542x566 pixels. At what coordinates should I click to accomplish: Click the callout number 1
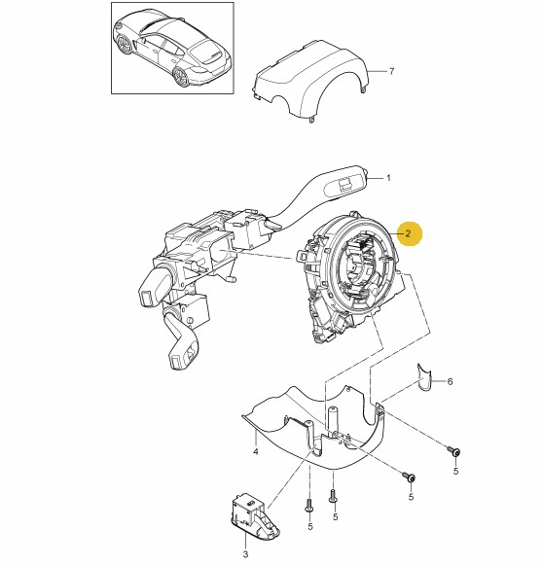click(x=388, y=178)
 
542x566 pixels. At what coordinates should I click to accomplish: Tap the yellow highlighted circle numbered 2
click(x=408, y=233)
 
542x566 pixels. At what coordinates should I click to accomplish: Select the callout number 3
click(x=245, y=554)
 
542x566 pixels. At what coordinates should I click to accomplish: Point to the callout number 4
click(x=256, y=451)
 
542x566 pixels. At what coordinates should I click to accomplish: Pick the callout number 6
click(x=450, y=381)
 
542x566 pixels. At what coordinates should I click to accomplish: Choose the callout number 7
click(x=392, y=71)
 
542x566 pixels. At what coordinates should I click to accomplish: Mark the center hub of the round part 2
click(x=356, y=269)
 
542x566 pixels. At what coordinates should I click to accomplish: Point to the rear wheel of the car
click(x=181, y=77)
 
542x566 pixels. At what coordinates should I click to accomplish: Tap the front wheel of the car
click(x=125, y=44)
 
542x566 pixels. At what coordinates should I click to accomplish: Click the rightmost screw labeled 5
click(x=453, y=451)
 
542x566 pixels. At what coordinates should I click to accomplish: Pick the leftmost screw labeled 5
click(x=309, y=505)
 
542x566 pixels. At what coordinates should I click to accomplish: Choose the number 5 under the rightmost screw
click(x=455, y=471)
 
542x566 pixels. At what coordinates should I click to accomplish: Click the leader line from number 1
click(x=375, y=178)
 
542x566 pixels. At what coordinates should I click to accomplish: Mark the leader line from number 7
click(x=378, y=71)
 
